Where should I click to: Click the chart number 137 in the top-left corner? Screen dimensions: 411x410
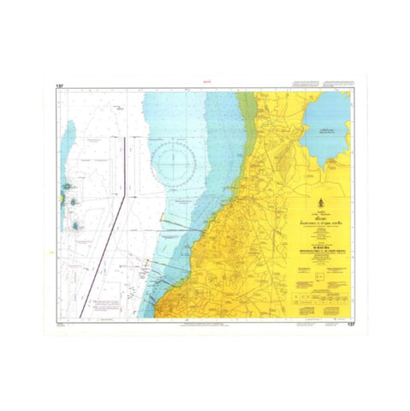pos(59,86)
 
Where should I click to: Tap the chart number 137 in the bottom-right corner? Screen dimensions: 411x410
pos(351,325)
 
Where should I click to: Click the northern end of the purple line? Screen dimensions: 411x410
pos(126,137)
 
